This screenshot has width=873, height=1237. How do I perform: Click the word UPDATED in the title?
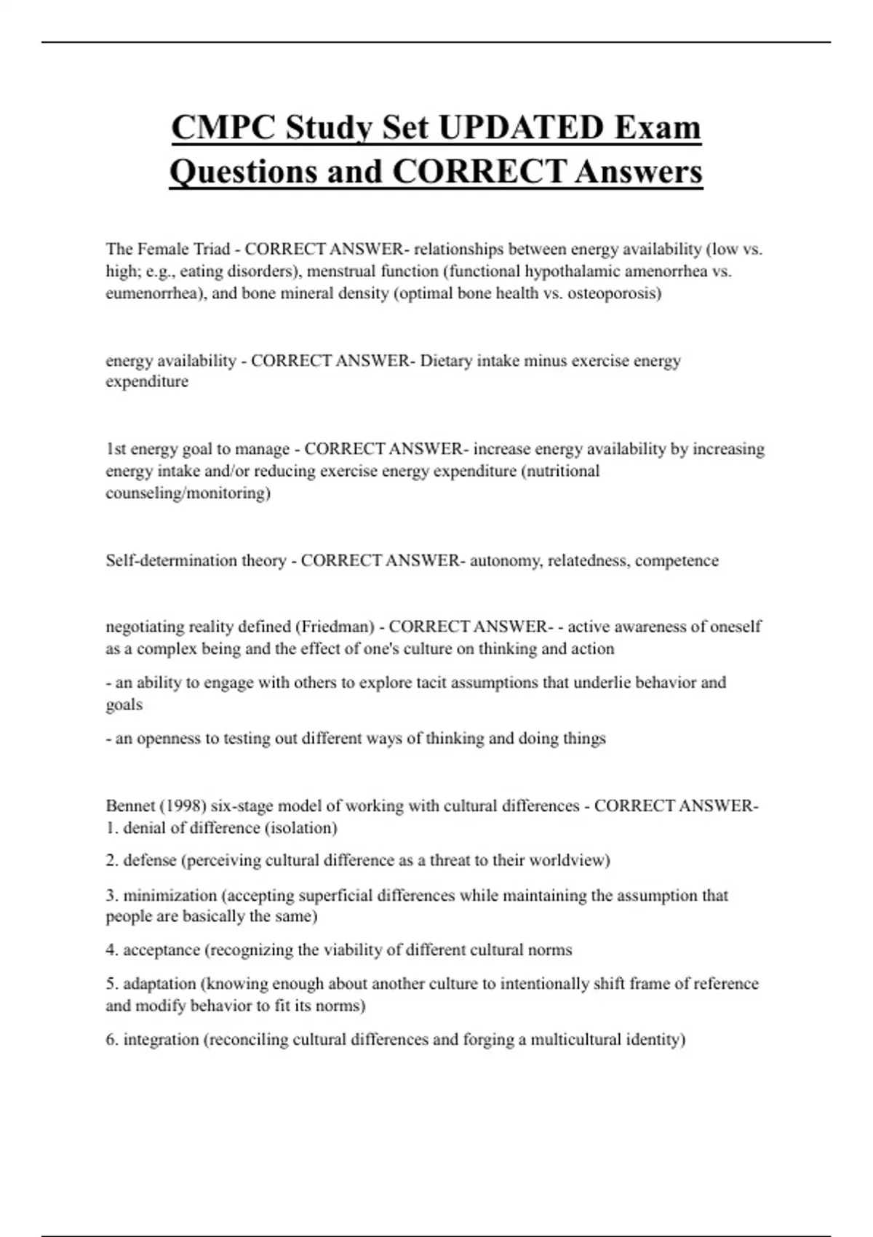[521, 128]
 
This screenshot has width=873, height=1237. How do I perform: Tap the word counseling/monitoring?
[188, 493]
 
